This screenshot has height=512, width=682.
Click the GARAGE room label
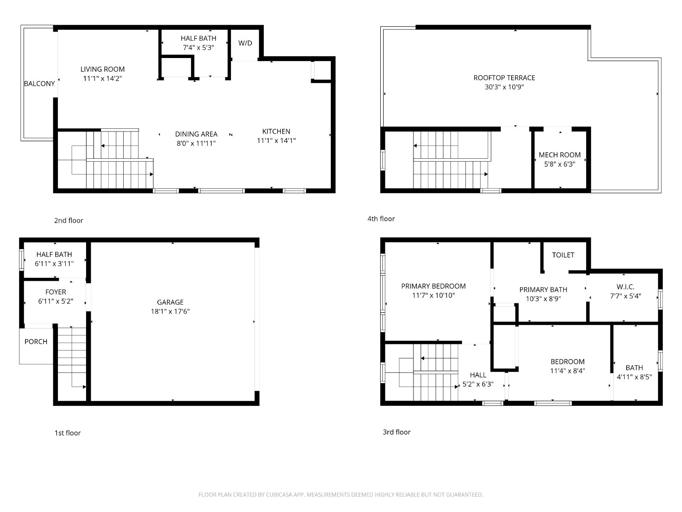(x=170, y=302)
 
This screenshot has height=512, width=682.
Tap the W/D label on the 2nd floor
(x=245, y=43)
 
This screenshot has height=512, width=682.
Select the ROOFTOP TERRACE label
(x=504, y=78)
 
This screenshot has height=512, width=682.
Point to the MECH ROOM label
(x=559, y=155)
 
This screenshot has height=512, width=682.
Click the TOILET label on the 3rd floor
(x=563, y=255)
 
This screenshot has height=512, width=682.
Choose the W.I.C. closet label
(x=625, y=287)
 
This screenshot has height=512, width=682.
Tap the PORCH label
(x=36, y=342)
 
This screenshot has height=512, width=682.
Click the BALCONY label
(x=40, y=84)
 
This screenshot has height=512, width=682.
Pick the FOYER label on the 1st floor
(x=55, y=292)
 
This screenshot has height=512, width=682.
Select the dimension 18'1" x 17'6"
(x=170, y=311)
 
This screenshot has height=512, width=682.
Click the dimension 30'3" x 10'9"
(x=504, y=87)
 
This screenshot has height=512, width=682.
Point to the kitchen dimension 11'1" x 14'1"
(x=276, y=140)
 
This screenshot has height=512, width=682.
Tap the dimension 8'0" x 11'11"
(x=196, y=143)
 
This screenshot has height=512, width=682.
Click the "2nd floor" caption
(x=69, y=221)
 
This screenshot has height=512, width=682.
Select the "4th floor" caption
(x=381, y=219)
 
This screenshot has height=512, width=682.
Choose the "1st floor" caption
(x=67, y=433)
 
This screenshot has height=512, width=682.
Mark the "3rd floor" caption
(x=396, y=432)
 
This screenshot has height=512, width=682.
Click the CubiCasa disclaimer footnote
(x=341, y=495)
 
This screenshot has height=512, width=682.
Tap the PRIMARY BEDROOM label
(x=433, y=286)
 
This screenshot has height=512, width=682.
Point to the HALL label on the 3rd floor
(x=478, y=375)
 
